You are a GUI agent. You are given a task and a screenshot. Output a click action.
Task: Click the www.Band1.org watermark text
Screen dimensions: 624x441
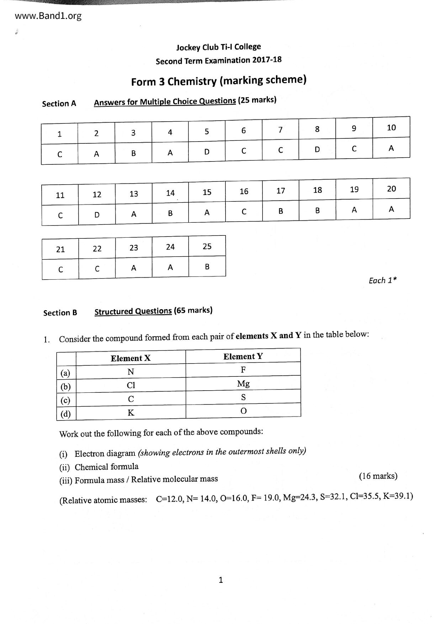click(x=48, y=16)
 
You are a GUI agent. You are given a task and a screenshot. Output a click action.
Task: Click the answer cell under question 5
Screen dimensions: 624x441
click(x=207, y=152)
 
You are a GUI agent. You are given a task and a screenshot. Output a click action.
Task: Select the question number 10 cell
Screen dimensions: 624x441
click(x=391, y=128)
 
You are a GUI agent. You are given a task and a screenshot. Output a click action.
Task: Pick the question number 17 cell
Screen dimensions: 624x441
click(x=281, y=191)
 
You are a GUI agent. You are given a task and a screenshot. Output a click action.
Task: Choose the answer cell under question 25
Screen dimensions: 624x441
click(x=207, y=267)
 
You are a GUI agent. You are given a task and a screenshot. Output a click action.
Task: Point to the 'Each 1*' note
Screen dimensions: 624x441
click(x=382, y=280)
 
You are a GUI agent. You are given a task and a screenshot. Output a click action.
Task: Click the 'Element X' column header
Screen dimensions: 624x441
click(x=131, y=358)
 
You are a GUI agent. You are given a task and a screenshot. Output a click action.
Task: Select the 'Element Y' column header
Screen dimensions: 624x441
click(x=243, y=356)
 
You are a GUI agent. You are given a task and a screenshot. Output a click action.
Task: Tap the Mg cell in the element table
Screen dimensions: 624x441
click(x=243, y=384)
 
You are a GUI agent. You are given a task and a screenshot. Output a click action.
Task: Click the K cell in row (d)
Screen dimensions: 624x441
click(x=131, y=413)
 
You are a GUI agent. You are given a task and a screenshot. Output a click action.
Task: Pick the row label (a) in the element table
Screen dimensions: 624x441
click(x=65, y=373)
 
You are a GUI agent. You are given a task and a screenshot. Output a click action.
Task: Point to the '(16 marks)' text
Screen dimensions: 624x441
click(x=378, y=476)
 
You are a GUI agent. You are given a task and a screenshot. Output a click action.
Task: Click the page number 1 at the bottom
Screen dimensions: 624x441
click(x=220, y=580)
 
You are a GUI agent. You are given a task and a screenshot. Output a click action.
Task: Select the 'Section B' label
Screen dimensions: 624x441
click(x=60, y=313)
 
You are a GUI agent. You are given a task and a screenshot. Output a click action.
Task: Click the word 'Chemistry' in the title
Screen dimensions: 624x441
click(x=192, y=81)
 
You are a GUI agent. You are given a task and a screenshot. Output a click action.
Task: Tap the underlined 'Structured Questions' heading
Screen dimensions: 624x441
click(x=133, y=311)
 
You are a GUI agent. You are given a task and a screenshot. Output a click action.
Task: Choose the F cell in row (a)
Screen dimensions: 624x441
click(x=243, y=370)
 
